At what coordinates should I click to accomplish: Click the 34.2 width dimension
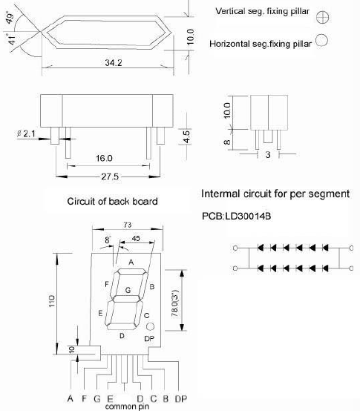114,62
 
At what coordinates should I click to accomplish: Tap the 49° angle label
10,18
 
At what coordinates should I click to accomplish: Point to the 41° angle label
11,39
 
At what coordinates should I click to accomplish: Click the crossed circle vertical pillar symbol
323,18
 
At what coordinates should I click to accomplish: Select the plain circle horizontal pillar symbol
321,40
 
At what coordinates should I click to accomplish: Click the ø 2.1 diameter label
26,133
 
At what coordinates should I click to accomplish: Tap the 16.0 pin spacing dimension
104,159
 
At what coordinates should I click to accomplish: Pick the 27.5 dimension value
110,176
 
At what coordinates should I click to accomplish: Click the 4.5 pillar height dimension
186,136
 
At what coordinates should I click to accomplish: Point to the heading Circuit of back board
112,202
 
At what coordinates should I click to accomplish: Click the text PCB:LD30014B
236,217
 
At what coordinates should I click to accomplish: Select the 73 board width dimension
128,225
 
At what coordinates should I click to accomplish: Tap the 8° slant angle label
108,240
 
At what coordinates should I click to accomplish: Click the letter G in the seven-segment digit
128,290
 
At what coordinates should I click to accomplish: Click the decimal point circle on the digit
150,326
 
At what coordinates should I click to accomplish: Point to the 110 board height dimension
52,300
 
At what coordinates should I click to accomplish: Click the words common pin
127,406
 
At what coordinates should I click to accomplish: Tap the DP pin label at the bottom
181,399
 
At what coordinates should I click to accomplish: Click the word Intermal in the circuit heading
220,194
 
